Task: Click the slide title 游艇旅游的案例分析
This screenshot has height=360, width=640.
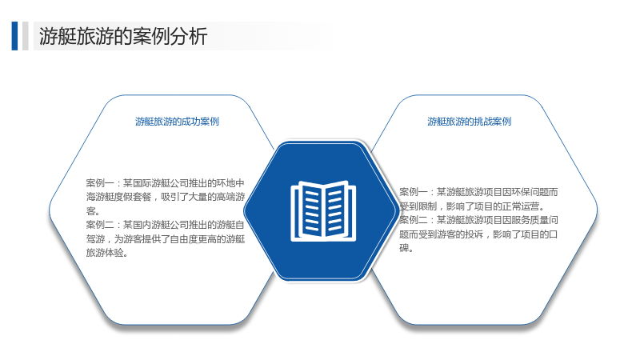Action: [x=123, y=36]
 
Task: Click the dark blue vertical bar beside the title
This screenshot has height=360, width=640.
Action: [x=14, y=36]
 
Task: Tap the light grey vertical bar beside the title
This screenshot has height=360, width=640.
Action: [x=26, y=36]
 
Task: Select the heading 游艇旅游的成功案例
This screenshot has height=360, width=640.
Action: [x=177, y=122]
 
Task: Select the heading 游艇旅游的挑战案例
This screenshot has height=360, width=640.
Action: [x=470, y=122]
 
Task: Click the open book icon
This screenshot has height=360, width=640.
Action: [x=323, y=210]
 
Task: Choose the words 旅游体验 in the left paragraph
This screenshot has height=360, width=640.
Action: [x=105, y=253]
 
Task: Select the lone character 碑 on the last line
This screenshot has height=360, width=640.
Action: [x=404, y=248]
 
